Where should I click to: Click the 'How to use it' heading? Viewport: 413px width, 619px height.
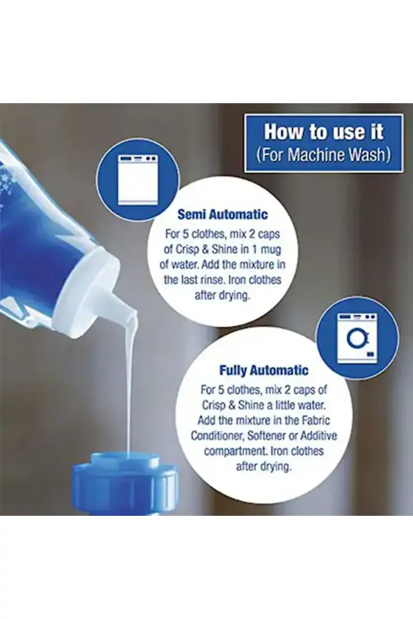(x=323, y=132)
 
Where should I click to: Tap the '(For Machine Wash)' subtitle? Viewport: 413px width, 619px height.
(x=323, y=155)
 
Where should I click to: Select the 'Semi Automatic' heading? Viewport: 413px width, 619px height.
(x=223, y=215)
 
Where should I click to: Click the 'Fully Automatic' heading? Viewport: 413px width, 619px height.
(x=264, y=370)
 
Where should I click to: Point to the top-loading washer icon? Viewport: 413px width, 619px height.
(x=138, y=180)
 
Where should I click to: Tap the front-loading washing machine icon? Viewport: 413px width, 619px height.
(x=357, y=338)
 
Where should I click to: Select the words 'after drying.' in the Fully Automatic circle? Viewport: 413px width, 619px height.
(x=264, y=467)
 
